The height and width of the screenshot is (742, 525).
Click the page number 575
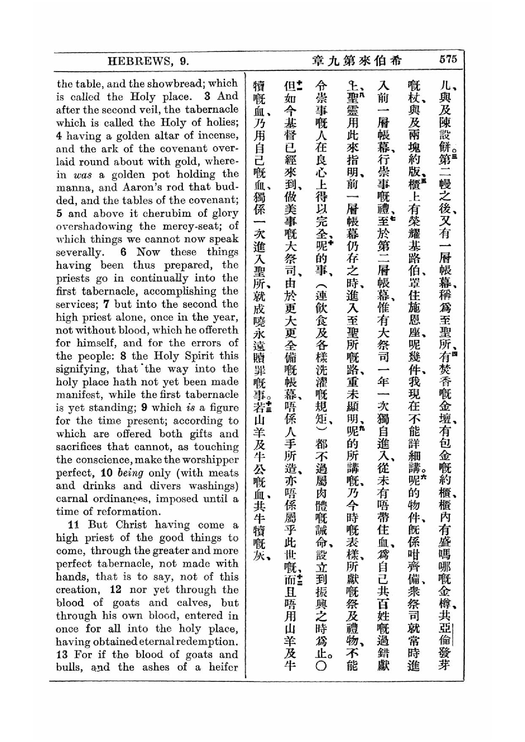point(448,60)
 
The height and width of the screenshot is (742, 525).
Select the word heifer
point(223,668)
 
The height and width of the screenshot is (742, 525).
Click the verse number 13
point(62,655)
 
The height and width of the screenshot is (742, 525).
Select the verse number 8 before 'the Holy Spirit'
point(123,356)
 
